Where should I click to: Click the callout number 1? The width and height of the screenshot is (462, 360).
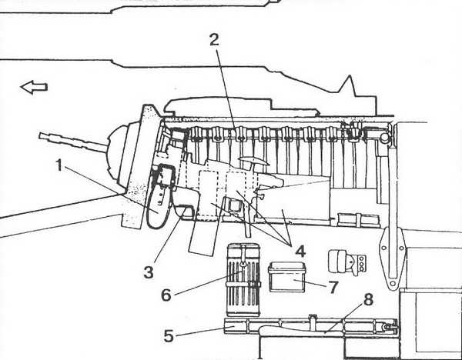tap(59, 165)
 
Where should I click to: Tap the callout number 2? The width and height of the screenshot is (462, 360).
tap(215, 40)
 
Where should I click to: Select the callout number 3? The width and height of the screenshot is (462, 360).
tap(149, 272)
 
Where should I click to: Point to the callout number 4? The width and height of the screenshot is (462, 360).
tap(300, 252)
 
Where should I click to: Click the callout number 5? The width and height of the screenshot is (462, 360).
tap(169, 336)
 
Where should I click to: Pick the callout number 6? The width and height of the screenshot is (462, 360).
tap(166, 295)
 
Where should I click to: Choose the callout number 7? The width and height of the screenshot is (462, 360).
tap(333, 287)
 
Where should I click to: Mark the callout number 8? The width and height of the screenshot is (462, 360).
tap(368, 300)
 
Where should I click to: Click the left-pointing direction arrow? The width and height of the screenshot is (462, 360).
tap(34, 88)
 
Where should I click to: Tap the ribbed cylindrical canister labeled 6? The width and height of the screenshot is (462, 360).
tap(243, 280)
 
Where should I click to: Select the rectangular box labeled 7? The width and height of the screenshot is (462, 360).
tap(286, 277)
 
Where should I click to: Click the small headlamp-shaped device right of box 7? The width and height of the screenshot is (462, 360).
tap(347, 262)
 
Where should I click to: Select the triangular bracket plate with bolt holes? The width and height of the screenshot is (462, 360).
tap(392, 258)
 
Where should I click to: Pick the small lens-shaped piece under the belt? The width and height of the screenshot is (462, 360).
tap(253, 161)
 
